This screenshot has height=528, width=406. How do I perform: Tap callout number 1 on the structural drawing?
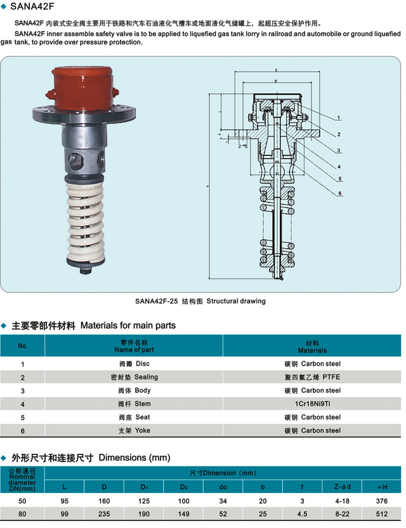coord(340,118)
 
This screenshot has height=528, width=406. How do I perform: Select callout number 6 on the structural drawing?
coord(340,193)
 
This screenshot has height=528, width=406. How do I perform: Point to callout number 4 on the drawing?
coord(340,166)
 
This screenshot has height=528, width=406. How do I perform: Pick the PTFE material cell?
coord(312,377)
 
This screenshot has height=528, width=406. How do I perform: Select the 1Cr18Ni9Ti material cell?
coord(312,404)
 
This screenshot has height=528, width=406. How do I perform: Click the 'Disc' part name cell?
coord(134,364)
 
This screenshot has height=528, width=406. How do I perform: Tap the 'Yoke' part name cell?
coord(134,430)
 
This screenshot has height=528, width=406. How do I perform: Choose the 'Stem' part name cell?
coord(134,404)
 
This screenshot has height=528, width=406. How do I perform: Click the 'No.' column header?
coord(23,346)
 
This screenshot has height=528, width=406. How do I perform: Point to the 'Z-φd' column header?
coord(342,487)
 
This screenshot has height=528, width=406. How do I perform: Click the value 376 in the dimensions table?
coord(381,501)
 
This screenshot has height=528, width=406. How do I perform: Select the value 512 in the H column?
coord(381,514)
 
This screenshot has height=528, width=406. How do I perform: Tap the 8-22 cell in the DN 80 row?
coord(342,514)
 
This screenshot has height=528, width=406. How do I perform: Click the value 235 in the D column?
coord(104,514)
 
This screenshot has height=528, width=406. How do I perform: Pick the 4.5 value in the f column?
coord(303,514)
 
